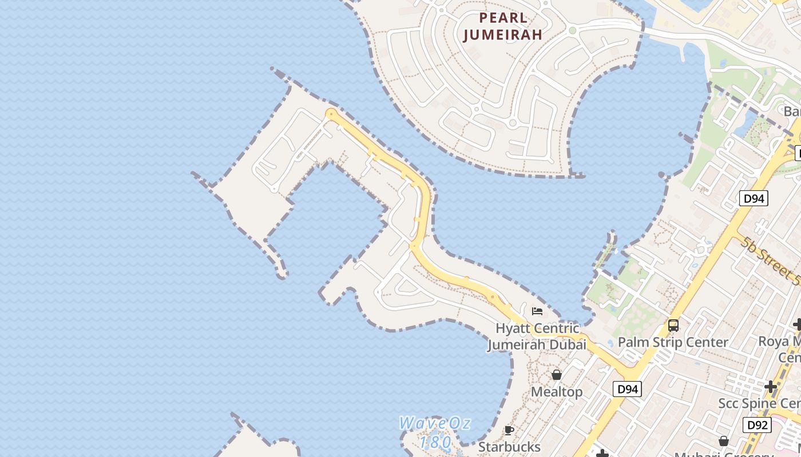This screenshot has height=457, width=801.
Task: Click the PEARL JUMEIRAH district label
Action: pos(502,26)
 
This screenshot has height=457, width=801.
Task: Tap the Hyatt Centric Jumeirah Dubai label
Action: pos(537,336)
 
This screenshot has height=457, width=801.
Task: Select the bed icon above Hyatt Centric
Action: pos(537,311)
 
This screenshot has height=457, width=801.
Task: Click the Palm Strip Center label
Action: pos(673,342)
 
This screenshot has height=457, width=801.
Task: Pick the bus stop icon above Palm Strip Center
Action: pos(673,326)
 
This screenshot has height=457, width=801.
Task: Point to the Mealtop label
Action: pos(557,392)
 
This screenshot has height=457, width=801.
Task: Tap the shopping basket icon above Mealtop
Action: pos(557,375)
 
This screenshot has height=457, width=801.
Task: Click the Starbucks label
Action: pos(509,446)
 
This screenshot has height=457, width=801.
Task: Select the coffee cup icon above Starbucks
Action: pos(509,430)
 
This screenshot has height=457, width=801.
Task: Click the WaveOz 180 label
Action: pos(435,432)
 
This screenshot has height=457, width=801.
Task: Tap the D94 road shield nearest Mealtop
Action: pos(627,389)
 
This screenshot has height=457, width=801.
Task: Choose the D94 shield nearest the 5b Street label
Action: pos(753,198)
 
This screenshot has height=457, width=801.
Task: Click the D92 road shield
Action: pos(757,425)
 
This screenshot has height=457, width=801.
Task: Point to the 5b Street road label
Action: pos(770,260)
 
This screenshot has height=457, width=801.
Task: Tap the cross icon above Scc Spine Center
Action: pos(771,386)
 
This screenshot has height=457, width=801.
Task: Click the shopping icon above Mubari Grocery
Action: pos(723,441)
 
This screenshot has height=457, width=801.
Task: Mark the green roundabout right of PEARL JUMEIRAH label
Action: pos(572,30)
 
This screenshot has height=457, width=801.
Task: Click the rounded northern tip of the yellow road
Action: pos(331,114)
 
